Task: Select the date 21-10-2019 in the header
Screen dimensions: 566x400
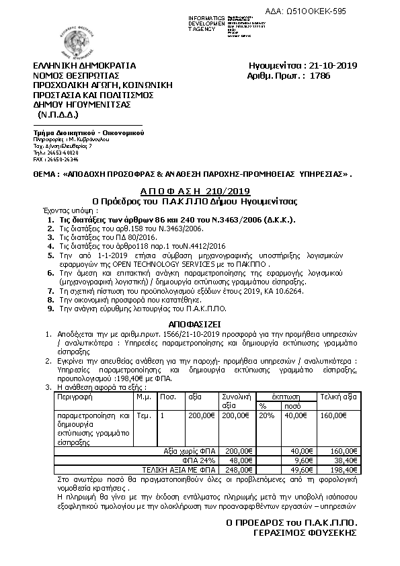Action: (331, 66)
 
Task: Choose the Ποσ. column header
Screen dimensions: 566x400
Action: (167, 397)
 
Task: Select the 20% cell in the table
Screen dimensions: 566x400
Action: (266, 416)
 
